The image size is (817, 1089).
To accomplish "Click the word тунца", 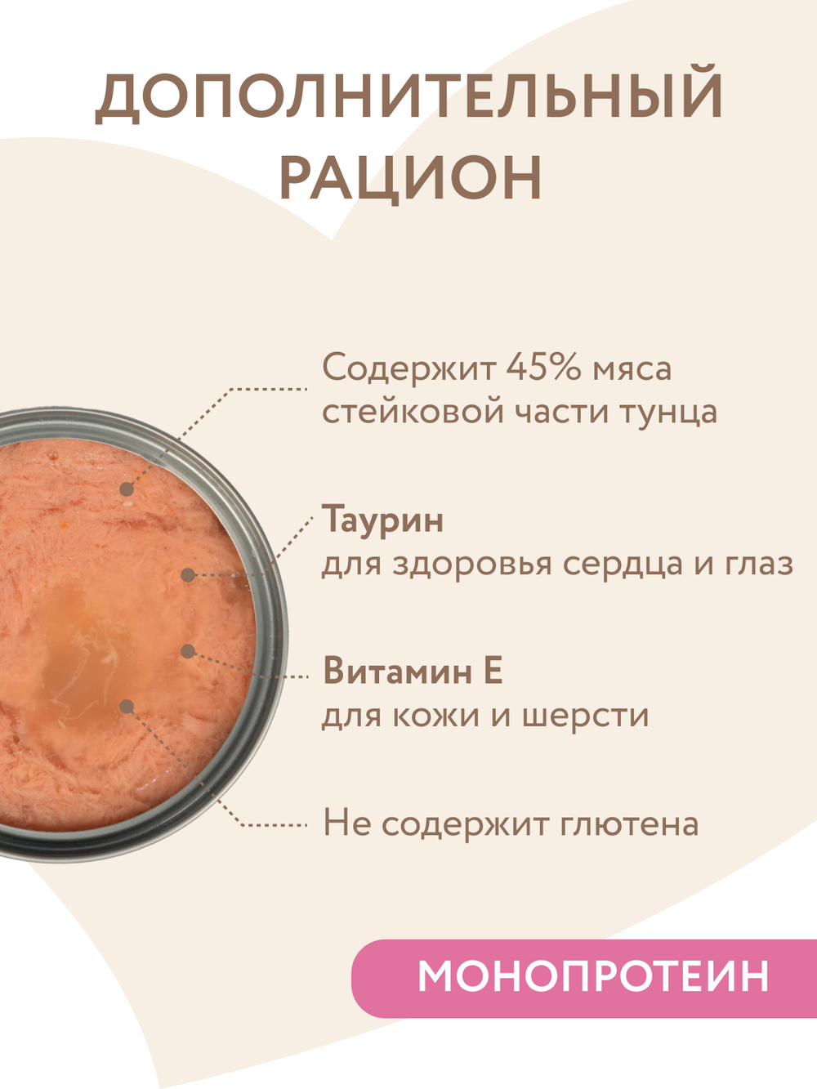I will (668, 411).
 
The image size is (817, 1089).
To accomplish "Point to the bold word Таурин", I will (383, 520).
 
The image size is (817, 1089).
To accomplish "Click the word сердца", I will (624, 564).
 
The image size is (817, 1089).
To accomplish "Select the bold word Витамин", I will (398, 672).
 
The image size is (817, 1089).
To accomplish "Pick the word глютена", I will (629, 823).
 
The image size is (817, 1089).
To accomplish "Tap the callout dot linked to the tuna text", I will (126, 489).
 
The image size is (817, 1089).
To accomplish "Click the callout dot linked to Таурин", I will (187, 575).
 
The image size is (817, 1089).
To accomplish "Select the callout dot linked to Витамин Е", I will (187, 651).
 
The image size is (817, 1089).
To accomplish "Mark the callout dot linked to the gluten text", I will (126, 706).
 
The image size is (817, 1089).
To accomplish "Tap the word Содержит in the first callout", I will (408, 368).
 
